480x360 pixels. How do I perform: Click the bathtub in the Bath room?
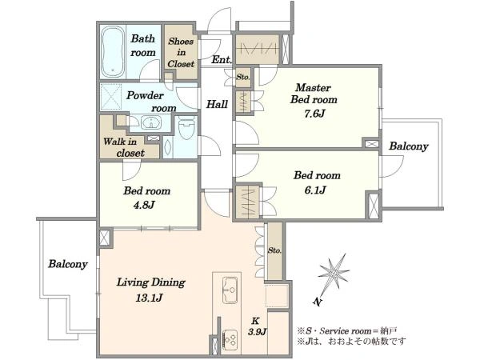[x=113, y=51]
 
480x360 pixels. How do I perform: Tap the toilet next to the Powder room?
[x=186, y=127]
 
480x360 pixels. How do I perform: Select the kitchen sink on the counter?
[x=230, y=290]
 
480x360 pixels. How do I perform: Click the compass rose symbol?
[x=334, y=273]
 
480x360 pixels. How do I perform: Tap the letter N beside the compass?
[x=318, y=302]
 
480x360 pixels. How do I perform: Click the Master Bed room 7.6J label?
[x=314, y=101]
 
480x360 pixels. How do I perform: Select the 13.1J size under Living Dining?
[x=149, y=298]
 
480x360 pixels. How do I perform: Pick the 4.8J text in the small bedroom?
[x=144, y=205]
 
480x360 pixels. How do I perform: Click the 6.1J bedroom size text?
[x=315, y=190]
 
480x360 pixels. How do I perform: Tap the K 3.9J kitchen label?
[x=257, y=326]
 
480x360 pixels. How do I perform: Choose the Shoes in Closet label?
[x=181, y=52]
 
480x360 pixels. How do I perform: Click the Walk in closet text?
[x=124, y=147]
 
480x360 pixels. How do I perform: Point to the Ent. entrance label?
[x=222, y=60]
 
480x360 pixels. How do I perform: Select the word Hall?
[x=217, y=104]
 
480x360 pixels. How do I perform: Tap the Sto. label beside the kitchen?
[x=274, y=250]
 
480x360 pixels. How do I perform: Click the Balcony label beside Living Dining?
[x=68, y=264]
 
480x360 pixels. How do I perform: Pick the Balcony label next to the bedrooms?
[x=408, y=146]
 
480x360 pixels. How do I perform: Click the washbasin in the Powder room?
[x=150, y=122]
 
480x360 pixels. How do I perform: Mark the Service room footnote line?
[x=347, y=331]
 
